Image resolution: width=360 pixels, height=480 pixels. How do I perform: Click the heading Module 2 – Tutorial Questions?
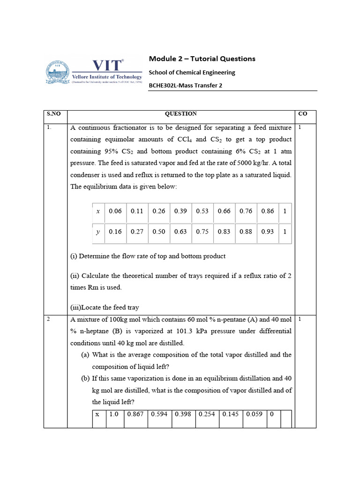tap(202, 59)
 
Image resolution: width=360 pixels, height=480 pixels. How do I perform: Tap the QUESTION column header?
tap(180, 114)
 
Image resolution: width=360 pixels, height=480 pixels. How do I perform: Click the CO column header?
tap(302, 114)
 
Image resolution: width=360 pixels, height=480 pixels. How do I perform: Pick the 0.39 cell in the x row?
tap(180, 211)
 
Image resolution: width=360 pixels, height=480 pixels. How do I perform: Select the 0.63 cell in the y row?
tap(180, 232)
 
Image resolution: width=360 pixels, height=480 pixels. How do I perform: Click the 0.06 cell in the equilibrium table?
tap(115, 211)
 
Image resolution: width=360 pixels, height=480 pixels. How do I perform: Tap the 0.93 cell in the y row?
tap(268, 232)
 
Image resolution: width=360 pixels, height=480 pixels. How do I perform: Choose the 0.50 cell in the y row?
tap(159, 232)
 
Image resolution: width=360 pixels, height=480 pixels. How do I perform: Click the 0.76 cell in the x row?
tap(246, 211)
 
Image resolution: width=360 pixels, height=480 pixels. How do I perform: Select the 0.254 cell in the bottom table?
tap(206, 414)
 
